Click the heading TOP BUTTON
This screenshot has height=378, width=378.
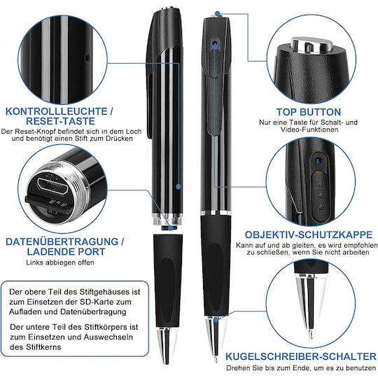(308, 112)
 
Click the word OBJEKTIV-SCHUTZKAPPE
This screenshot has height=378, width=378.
(309, 234)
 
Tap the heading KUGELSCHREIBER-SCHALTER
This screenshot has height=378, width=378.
(300, 356)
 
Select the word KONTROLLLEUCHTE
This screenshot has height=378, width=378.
(57, 111)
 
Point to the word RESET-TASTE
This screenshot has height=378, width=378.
(60, 121)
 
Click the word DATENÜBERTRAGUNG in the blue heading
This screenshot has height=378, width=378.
(62, 241)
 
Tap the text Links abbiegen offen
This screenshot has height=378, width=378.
(60, 262)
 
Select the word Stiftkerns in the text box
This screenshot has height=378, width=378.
(36, 347)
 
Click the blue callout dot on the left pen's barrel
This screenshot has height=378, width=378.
(178, 186)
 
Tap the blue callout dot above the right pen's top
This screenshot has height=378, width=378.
(218, 14)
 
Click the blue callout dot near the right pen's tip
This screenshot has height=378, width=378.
(216, 320)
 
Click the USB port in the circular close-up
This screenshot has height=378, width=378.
(52, 185)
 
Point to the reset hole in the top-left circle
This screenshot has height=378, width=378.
(87, 58)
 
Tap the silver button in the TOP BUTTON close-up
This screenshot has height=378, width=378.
(311, 45)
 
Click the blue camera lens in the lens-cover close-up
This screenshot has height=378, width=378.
(318, 161)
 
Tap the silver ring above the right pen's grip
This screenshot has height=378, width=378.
(216, 213)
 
